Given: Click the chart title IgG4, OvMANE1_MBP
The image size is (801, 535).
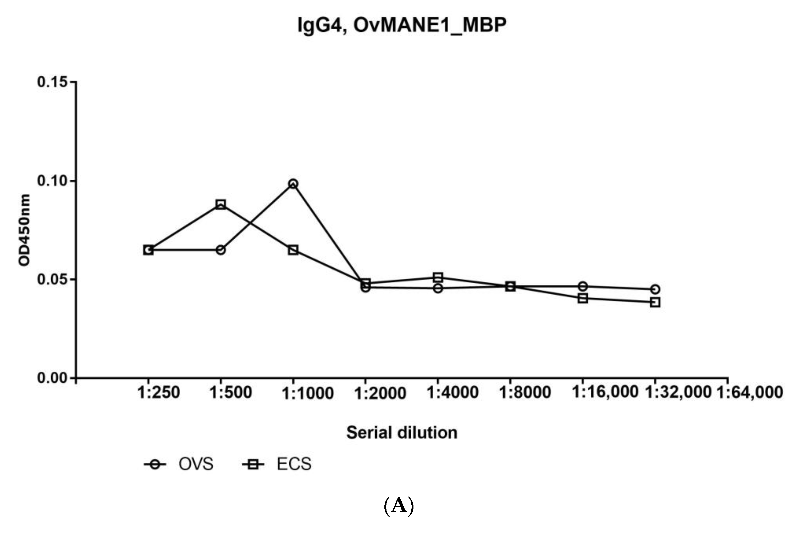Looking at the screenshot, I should click(x=402, y=25).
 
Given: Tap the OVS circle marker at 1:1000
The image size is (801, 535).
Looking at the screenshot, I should click(x=293, y=184).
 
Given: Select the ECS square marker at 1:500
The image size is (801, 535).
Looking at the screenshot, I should click(x=221, y=205).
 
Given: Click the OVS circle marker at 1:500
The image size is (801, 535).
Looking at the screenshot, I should click(x=221, y=250).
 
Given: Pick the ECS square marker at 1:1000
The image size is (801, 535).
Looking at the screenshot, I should click(x=293, y=250).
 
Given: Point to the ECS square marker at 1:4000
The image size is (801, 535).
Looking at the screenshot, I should click(x=438, y=277).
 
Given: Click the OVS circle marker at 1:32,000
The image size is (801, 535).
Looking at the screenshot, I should click(x=655, y=289).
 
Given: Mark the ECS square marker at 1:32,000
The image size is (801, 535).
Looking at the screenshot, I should click(x=655, y=302).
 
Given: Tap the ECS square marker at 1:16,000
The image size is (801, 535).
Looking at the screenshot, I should click(x=583, y=298).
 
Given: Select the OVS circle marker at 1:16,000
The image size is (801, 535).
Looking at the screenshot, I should click(x=583, y=286).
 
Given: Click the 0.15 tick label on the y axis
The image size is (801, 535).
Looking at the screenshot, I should click(x=52, y=82).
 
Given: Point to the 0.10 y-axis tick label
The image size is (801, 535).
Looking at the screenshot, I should click(x=52, y=181).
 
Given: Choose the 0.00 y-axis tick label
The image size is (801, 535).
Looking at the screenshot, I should click(x=52, y=378).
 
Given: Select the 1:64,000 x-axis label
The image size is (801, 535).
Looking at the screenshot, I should click(x=749, y=392).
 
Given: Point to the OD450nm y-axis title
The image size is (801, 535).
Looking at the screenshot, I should click(x=25, y=230).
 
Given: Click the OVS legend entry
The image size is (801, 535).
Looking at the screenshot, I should click(x=196, y=464).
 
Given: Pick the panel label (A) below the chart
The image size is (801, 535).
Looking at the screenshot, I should click(x=399, y=506).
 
